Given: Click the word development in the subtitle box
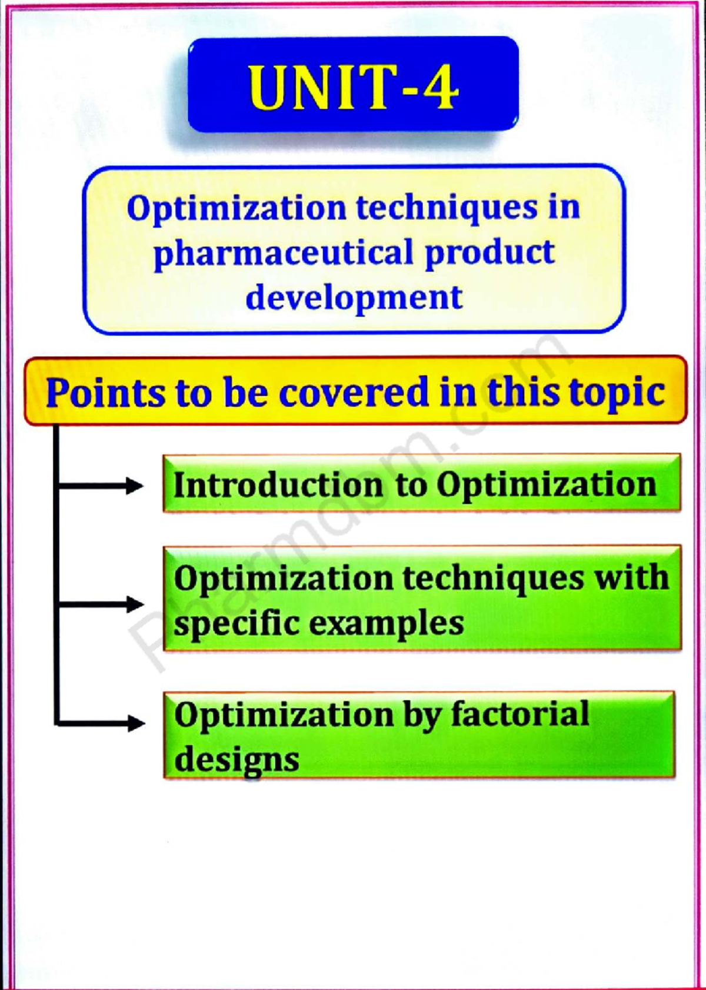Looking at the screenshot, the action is tap(354, 297).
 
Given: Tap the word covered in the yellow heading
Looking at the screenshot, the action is tap(354, 393).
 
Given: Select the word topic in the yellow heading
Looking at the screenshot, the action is tap(617, 393).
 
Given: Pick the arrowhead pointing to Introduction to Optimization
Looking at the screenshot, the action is tap(134, 486).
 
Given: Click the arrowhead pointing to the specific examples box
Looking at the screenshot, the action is tap(135, 604).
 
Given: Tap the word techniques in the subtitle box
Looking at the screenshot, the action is tap(447, 208).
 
